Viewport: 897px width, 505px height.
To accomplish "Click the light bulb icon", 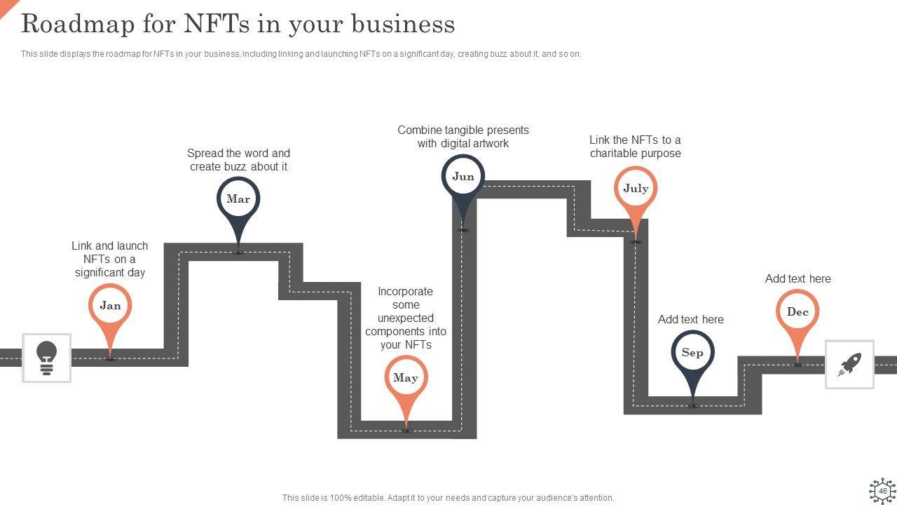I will pyautogui.click(x=46, y=358).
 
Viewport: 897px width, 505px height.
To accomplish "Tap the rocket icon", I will pyautogui.click(x=849, y=364).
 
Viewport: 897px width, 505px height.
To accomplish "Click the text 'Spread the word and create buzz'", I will pyautogui.click(x=238, y=160).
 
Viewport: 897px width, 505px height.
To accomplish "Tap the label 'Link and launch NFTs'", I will pyautogui.click(x=110, y=259).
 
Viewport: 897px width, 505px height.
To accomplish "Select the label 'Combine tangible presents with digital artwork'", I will pyautogui.click(x=463, y=137).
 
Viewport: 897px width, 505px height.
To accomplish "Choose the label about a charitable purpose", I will pyautogui.click(x=635, y=147).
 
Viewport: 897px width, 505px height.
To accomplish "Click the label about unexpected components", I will pyautogui.click(x=406, y=318).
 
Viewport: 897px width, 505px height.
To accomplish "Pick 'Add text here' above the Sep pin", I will pyautogui.click(x=690, y=320).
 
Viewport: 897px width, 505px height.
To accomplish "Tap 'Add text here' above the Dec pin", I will pyautogui.click(x=797, y=279).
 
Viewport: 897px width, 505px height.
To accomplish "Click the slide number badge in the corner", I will pyautogui.click(x=882, y=491).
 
